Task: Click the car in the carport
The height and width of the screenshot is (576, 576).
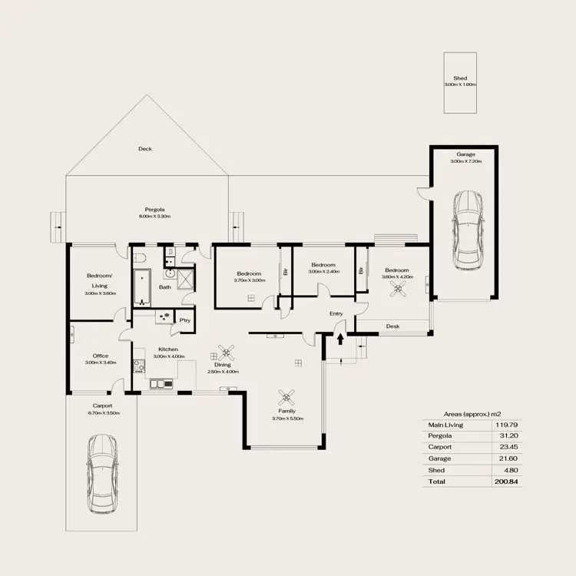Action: pos(102,474)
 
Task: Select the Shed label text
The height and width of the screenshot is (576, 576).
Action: pos(460,78)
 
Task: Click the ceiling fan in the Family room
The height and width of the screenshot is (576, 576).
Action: pos(287,396)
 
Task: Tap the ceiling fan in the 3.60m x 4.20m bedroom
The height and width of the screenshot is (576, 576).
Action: pos(398,288)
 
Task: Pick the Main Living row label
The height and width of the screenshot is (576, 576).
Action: pos(445,424)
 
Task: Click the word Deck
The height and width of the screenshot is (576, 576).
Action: pos(144,149)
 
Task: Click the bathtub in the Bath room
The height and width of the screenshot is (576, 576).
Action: pos(142,288)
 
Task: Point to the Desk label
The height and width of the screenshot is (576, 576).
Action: pos(392,326)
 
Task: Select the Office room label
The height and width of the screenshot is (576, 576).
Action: pos(101,356)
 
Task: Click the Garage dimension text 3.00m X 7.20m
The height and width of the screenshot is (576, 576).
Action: pos(465,161)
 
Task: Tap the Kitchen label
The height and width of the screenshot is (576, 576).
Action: pos(169,349)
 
